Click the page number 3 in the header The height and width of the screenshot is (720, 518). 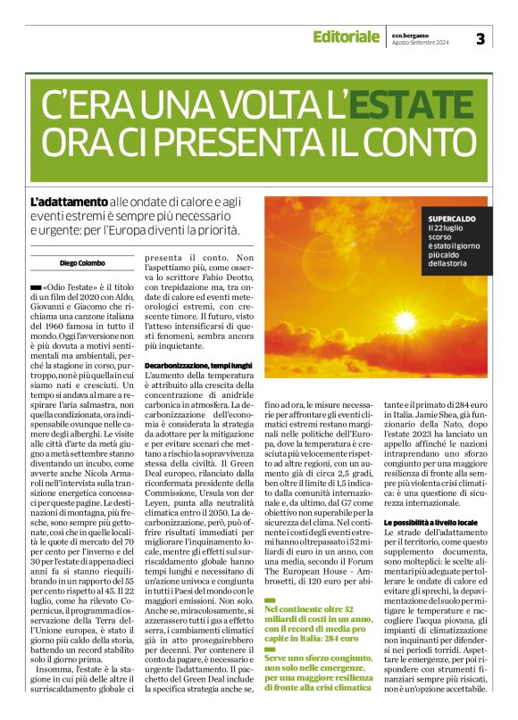click(480, 37)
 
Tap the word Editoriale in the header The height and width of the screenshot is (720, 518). click(345, 37)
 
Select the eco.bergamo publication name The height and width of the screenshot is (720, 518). click(412, 33)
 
